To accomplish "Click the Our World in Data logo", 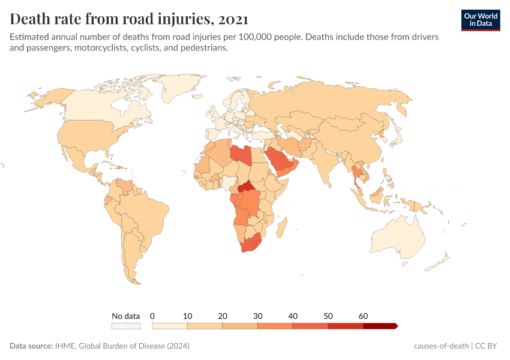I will pyautogui.click(x=481, y=20).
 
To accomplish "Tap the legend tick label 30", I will pyautogui.click(x=257, y=316).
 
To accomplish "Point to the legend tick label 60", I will pyautogui.click(x=363, y=316).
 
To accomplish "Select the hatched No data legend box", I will pyautogui.click(x=126, y=326).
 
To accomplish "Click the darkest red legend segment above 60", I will pyautogui.click(x=380, y=326).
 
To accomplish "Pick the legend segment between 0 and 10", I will pyautogui.click(x=170, y=326).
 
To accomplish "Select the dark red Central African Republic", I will pyautogui.click(x=246, y=188).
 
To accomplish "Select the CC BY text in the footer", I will pyautogui.click(x=488, y=346).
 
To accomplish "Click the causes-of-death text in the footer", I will pyautogui.click(x=441, y=346).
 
